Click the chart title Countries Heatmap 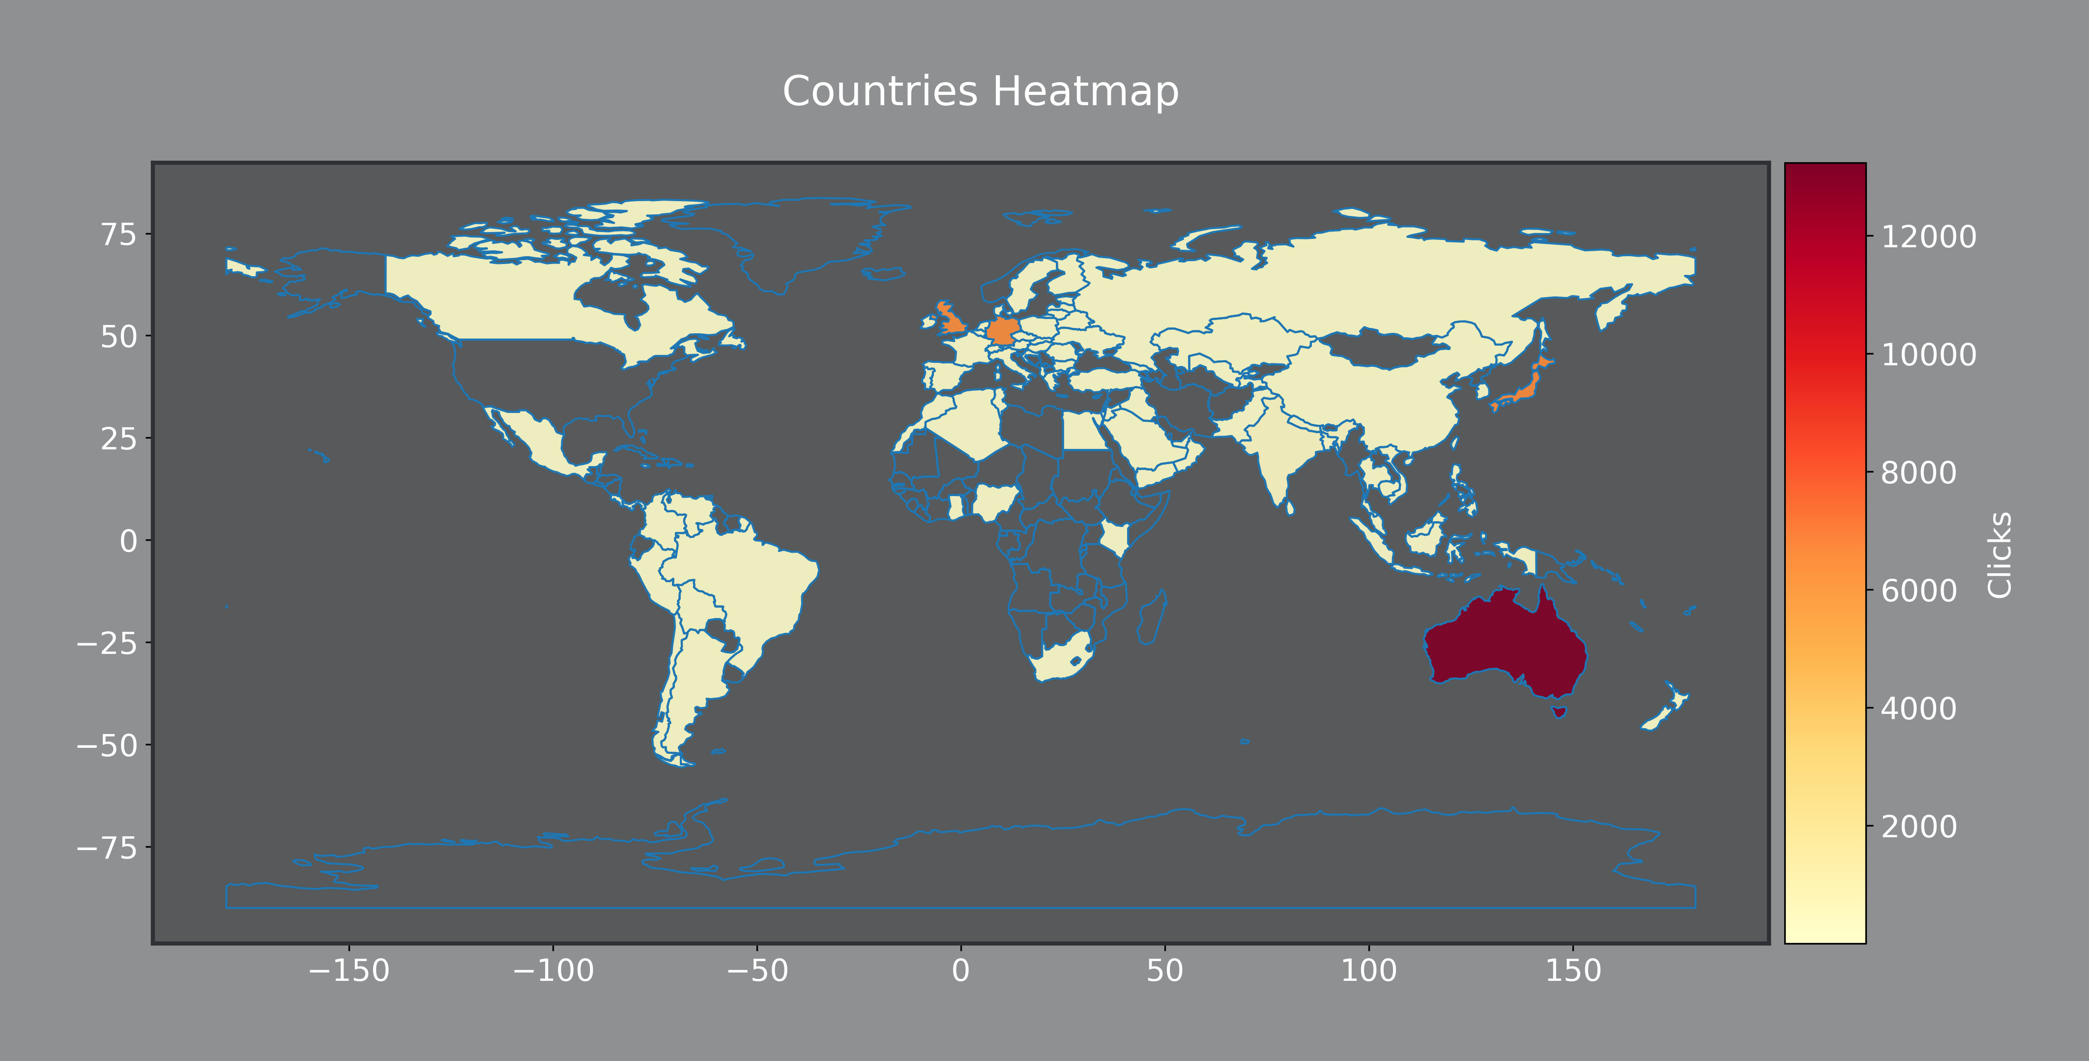point(981,91)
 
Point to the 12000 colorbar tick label point(1928,237)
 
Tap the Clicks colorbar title point(2000,555)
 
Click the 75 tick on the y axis point(118,235)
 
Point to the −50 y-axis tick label point(107,745)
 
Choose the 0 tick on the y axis point(128,540)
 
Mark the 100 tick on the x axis point(1369,970)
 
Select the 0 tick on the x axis point(961,970)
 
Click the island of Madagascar point(1152,618)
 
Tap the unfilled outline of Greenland point(803,235)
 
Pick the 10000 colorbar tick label point(1928,354)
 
